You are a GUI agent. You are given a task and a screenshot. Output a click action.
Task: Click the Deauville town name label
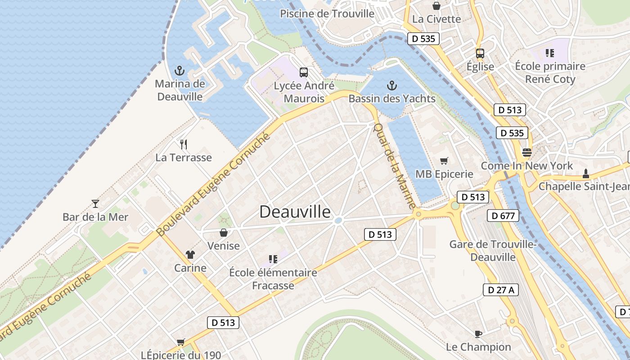[x=295, y=211]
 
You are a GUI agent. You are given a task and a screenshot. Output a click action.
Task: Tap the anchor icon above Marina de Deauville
[x=180, y=71]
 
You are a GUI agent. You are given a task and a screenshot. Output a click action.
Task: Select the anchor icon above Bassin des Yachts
[x=391, y=85]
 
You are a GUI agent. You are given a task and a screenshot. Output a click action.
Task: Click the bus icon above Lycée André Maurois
[x=304, y=72]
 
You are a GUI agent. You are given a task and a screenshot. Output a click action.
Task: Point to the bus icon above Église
[x=480, y=53]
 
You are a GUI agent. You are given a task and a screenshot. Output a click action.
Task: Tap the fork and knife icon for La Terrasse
[x=183, y=144]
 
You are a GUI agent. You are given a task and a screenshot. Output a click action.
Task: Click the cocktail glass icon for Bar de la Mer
[x=95, y=203]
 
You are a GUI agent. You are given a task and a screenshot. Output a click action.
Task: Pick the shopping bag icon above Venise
[x=223, y=233]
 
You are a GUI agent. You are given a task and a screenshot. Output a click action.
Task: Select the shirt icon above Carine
[x=190, y=255]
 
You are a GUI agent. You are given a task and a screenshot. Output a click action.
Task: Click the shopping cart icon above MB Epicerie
[x=444, y=161]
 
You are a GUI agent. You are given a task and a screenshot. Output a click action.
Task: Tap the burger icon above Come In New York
[x=527, y=152]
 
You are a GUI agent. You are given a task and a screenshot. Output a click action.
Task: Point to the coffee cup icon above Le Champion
[x=478, y=334]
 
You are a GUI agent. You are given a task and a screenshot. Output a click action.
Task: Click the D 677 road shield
[x=503, y=216]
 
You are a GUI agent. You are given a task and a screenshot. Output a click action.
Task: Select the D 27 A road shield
[x=501, y=290]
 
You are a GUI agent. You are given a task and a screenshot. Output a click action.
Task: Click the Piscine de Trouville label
[x=327, y=13]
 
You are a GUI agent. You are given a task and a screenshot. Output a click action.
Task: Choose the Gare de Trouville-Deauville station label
[x=493, y=251]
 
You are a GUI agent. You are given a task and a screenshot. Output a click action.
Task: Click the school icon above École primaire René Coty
[x=549, y=53]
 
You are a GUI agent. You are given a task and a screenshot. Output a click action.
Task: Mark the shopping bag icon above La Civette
[x=436, y=6]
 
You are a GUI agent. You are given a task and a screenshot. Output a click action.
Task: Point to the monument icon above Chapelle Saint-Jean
[x=585, y=173]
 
